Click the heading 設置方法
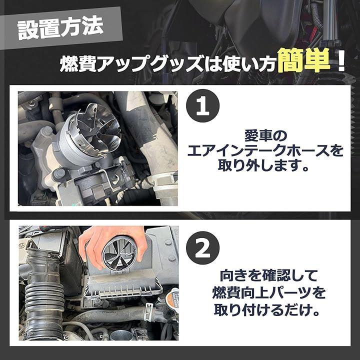[60, 28]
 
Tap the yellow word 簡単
[304, 60]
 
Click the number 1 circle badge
[202, 105]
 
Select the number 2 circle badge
[202, 247]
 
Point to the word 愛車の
[265, 136]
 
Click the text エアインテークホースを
[265, 150]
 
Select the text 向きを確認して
[268, 275]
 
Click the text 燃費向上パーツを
[268, 292]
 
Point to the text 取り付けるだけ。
[267, 310]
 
